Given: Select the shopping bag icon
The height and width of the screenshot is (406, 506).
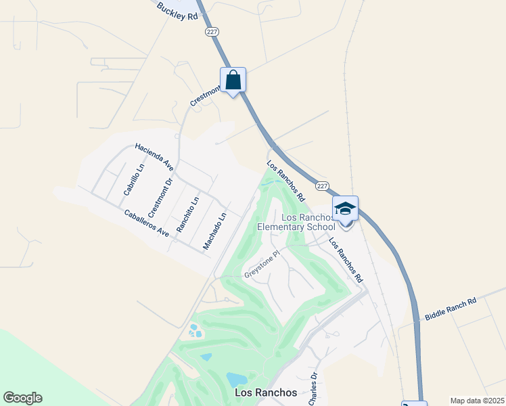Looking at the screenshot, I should [x=233, y=80].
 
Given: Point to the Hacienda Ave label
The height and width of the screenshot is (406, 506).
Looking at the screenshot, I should [x=154, y=156].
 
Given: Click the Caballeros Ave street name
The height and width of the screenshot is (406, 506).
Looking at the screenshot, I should [x=147, y=222].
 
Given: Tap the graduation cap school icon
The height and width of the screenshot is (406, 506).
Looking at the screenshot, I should [x=345, y=208].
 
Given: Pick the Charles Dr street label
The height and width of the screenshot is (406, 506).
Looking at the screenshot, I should [x=313, y=389].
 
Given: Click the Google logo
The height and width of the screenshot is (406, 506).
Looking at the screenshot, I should [x=22, y=397].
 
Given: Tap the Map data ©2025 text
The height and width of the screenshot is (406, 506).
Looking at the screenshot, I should [x=476, y=401].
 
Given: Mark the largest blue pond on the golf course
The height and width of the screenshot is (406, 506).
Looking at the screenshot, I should [x=237, y=380].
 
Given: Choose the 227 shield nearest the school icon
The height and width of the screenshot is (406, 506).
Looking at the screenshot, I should [x=322, y=186].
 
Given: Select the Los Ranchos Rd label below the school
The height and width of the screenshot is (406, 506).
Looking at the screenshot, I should [x=346, y=260].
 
